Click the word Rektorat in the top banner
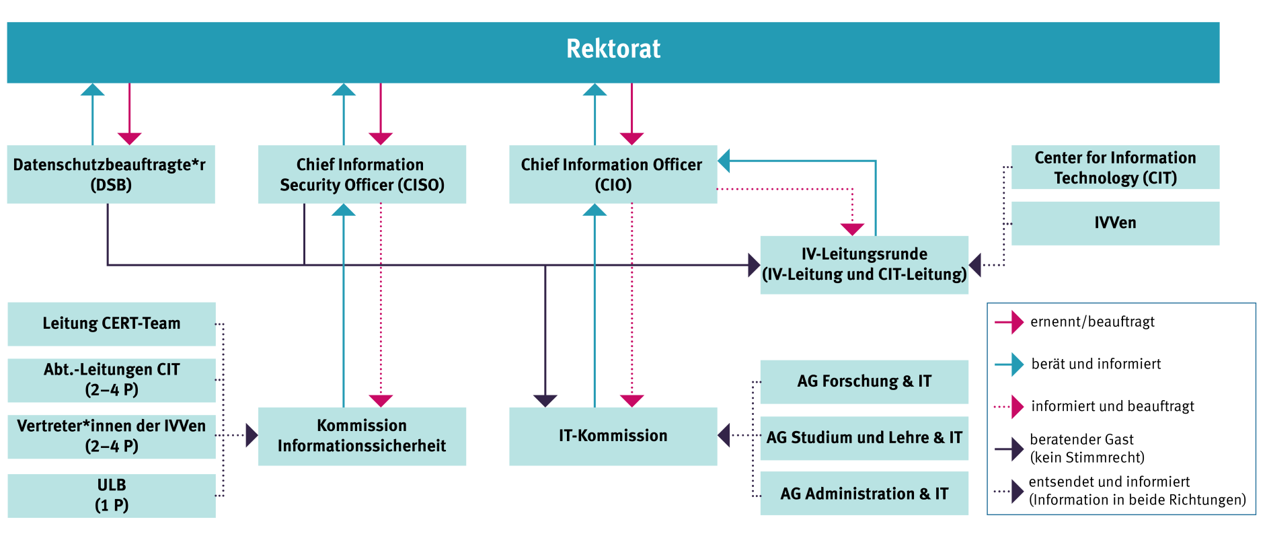[613, 49]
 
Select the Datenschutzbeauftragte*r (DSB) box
[111, 174]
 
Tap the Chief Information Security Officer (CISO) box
[362, 174]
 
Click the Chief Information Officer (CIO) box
[612, 174]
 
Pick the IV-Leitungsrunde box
[864, 264]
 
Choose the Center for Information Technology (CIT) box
[1115, 167]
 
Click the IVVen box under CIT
[1115, 223]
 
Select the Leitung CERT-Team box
[112, 323]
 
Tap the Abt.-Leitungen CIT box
[112, 380]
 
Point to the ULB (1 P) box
[112, 495]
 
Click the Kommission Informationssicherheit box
[362, 436]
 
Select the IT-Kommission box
[613, 436]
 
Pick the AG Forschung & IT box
[864, 381]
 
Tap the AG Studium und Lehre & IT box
[864, 438]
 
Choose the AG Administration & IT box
[864, 494]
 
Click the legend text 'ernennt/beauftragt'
[1092, 322]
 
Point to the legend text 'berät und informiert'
[1096, 364]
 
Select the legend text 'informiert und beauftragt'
[1112, 407]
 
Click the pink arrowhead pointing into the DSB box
[129, 139]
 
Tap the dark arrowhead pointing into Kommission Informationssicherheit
[252, 436]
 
